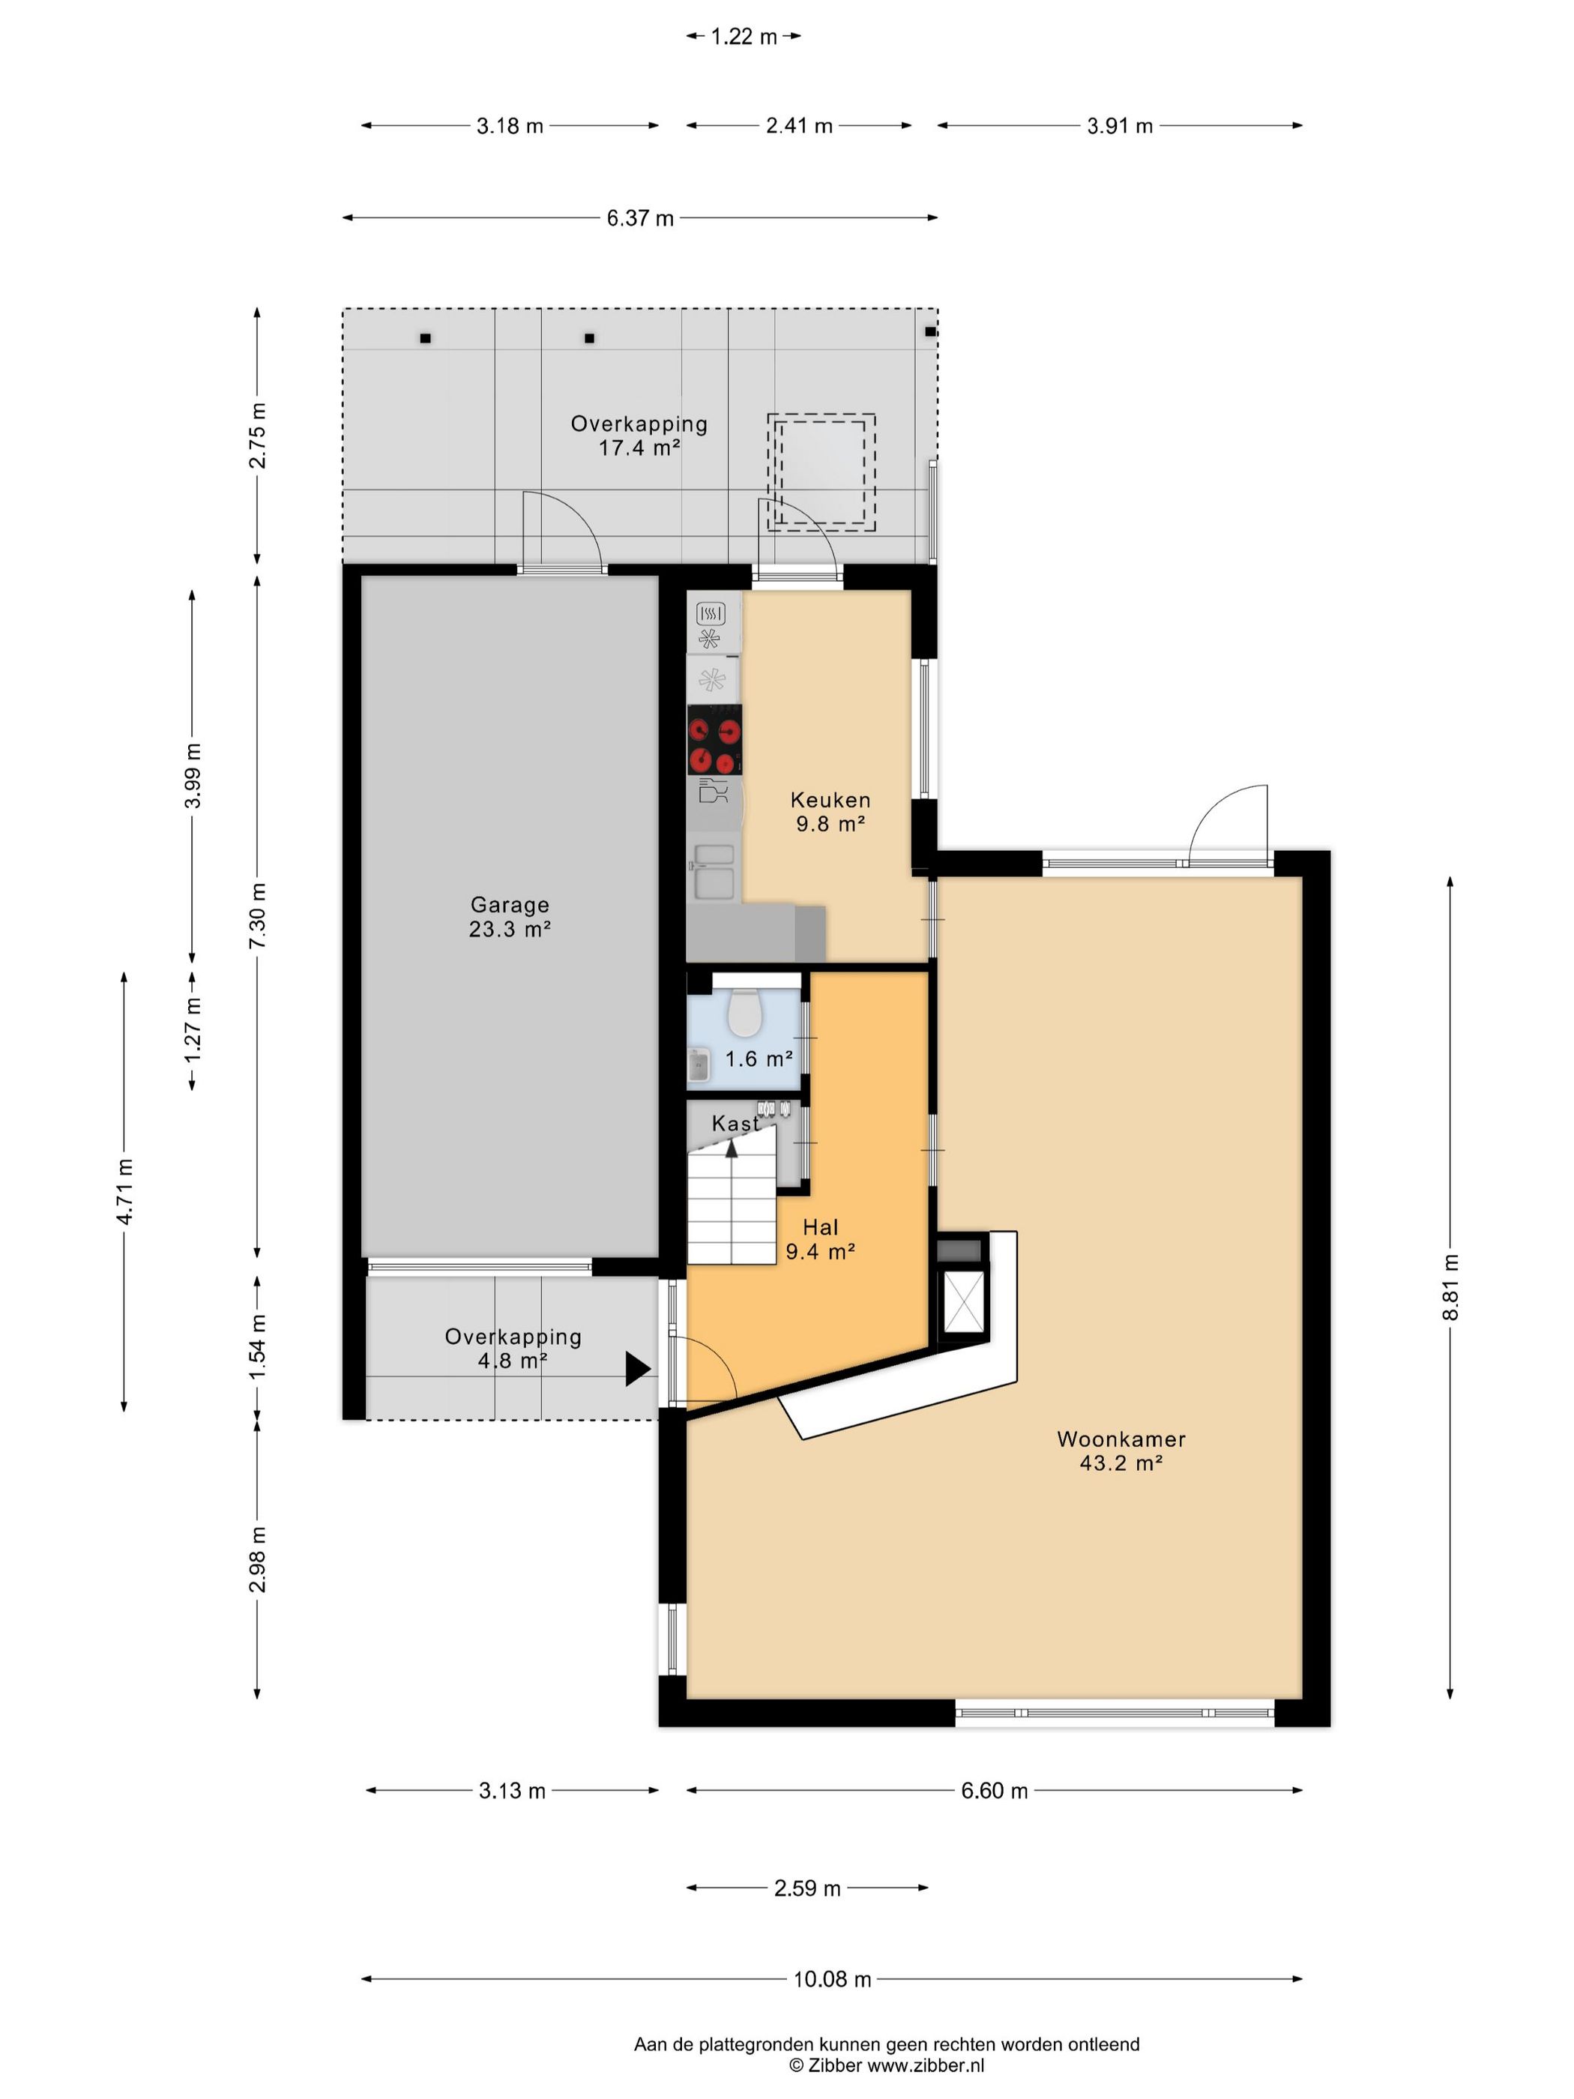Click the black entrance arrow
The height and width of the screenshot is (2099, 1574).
tap(638, 1370)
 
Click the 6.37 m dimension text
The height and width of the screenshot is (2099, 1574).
tap(640, 218)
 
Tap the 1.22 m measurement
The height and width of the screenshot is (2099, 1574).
tap(744, 36)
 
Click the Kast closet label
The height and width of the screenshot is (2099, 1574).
tap(735, 1124)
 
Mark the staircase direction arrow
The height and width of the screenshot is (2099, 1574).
tap(732, 1147)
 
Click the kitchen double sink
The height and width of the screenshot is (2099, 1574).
tap(714, 871)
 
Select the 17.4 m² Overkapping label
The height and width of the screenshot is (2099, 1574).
tap(639, 436)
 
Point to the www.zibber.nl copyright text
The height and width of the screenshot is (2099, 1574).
tap(887, 2065)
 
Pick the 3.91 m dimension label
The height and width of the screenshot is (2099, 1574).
tap(1120, 125)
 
